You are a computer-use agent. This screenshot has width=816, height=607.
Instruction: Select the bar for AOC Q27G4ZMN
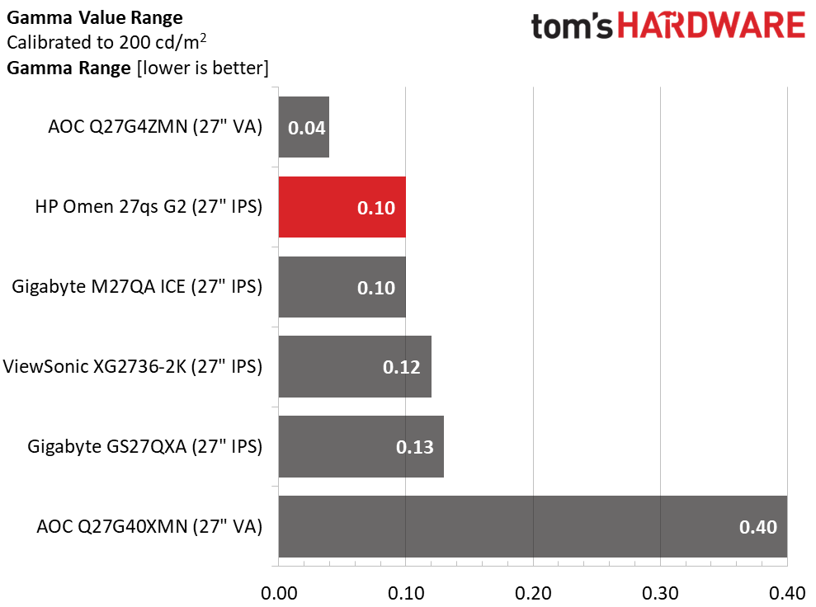[x=304, y=127]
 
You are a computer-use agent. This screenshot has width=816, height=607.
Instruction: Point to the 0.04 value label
[x=306, y=129]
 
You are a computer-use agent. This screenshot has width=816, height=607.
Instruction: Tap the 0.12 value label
[x=401, y=368]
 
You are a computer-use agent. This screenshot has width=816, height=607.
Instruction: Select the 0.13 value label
[x=414, y=448]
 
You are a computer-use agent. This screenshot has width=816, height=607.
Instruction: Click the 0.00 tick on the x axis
[x=279, y=592]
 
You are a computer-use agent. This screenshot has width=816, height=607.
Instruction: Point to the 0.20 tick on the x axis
[x=533, y=592]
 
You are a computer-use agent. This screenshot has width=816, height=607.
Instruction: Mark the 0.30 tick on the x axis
[x=660, y=592]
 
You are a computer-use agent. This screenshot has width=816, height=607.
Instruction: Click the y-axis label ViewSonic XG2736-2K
[x=133, y=366]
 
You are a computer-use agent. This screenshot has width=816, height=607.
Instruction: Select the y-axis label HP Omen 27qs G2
[x=149, y=206]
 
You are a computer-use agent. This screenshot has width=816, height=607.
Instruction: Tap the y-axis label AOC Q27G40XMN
[x=149, y=526]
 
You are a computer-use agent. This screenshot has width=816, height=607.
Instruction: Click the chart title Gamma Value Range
[x=95, y=16]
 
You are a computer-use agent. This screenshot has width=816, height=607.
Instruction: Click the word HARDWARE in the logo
[x=711, y=26]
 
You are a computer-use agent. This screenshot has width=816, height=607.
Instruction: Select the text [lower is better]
[x=201, y=68]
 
